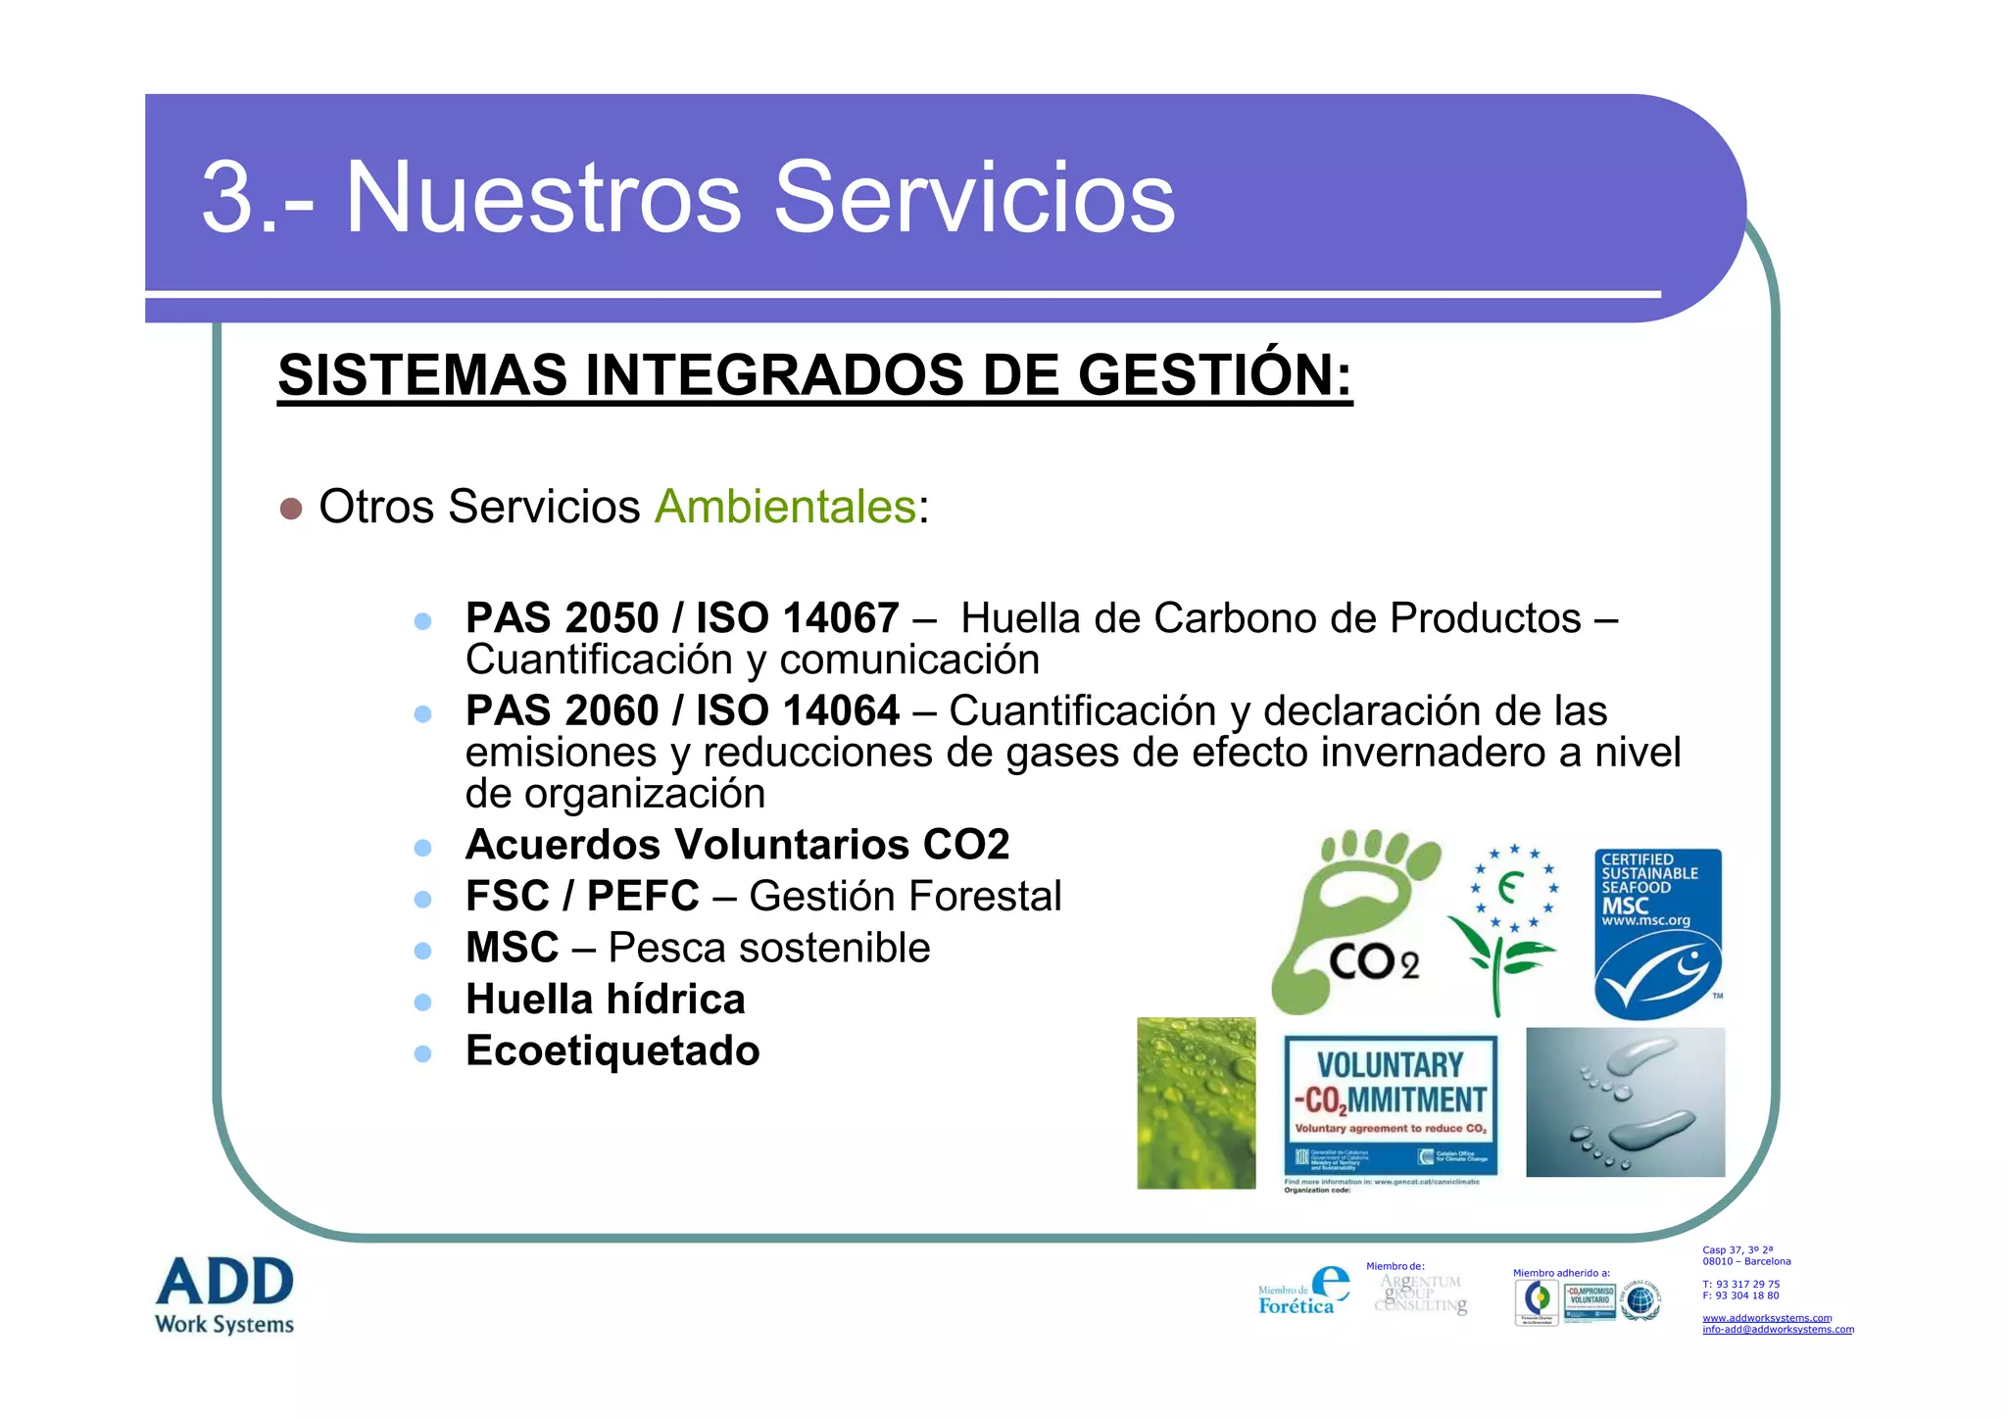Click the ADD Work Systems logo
click(x=224, y=1295)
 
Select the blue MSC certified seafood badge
click(x=1657, y=933)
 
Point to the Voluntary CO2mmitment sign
click(x=1391, y=1107)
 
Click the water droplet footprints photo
click(x=1625, y=1101)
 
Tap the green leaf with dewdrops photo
click(x=1196, y=1102)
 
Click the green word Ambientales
click(x=785, y=507)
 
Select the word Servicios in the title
click(x=974, y=198)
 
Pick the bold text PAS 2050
click(x=562, y=618)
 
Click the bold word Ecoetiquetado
click(x=612, y=1051)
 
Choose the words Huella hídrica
click(x=605, y=1000)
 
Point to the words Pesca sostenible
click(x=768, y=948)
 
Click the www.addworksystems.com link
click(x=1767, y=1318)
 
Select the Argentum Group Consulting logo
click(x=1421, y=1294)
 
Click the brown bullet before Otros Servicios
click(x=291, y=509)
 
